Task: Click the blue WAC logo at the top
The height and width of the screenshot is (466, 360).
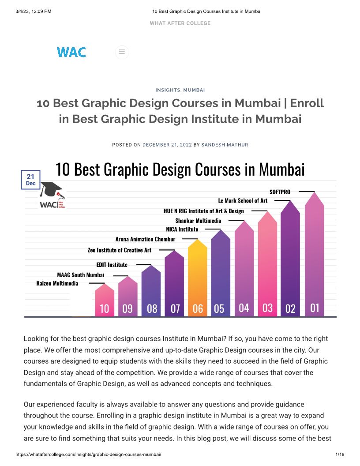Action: (71, 52)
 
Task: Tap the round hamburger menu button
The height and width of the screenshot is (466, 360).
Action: (122, 52)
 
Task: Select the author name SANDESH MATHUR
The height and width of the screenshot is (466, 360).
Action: (225, 145)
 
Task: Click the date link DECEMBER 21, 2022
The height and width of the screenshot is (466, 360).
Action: (167, 145)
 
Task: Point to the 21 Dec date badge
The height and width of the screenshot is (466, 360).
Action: (30, 180)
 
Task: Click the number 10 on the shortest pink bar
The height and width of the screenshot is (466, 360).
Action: (104, 308)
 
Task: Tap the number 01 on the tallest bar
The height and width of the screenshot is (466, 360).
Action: (315, 307)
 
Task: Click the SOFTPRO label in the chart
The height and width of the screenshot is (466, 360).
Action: (280, 192)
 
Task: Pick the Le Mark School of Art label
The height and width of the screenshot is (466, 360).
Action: (243, 200)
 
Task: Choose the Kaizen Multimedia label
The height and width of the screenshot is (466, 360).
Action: (57, 283)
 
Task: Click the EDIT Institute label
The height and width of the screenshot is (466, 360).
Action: (112, 265)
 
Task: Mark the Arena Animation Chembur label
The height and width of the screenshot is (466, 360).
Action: (145, 239)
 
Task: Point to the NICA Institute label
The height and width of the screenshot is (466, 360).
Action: (182, 229)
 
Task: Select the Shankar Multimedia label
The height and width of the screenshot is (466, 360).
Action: (198, 220)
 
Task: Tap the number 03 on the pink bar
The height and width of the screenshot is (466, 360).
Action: (267, 308)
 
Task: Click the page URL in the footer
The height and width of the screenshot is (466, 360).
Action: (88, 455)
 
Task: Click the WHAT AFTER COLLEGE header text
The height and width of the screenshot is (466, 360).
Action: (180, 23)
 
